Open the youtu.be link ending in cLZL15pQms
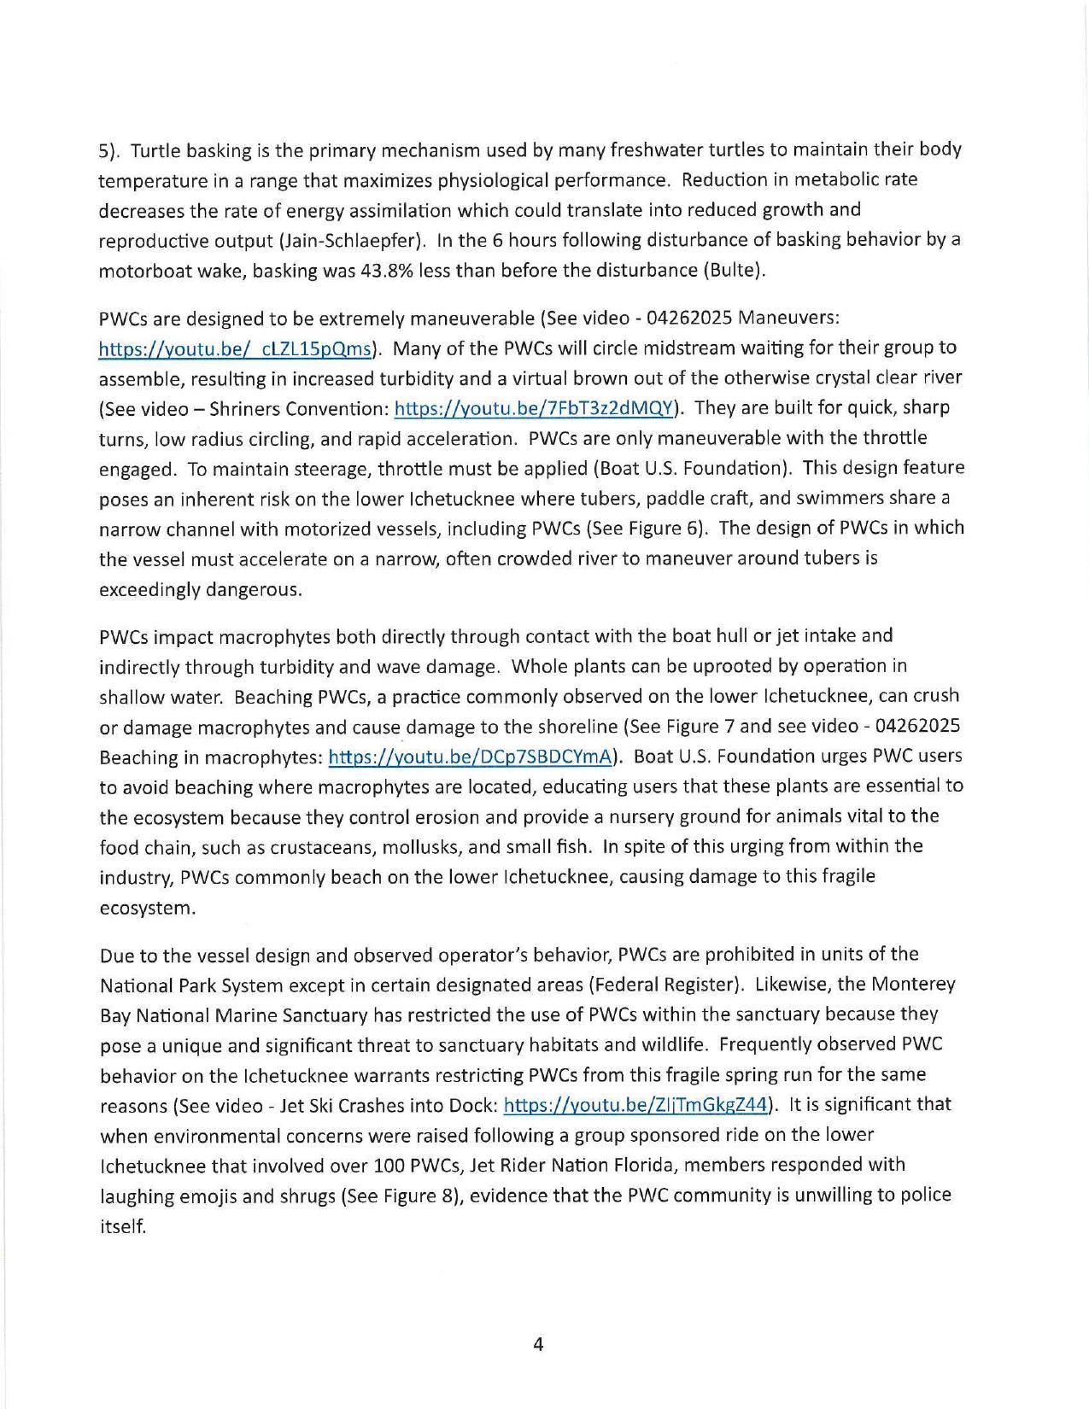point(236,348)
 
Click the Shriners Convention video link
point(534,409)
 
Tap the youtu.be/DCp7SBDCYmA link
point(471,757)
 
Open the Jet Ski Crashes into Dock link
point(636,1105)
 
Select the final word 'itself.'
point(123,1226)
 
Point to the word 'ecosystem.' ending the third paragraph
point(148,908)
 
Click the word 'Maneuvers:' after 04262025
point(789,319)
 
